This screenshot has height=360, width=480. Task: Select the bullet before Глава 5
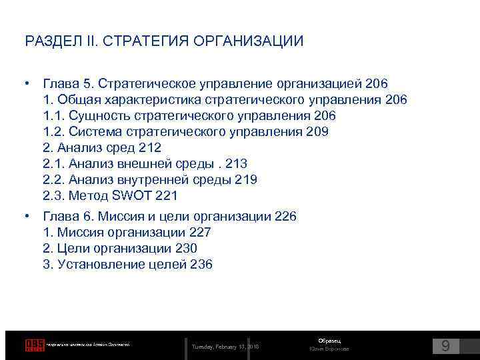coord(27,83)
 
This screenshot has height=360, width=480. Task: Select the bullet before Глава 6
coord(27,216)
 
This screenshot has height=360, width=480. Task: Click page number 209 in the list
coord(317,132)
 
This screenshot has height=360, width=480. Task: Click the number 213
coord(237,164)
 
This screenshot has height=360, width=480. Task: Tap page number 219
coord(245,180)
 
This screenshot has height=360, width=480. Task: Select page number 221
coord(167,196)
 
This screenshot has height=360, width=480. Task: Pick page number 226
coord(285,217)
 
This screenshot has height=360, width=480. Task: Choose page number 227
coord(199,233)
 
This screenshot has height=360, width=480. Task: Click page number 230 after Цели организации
coord(185,249)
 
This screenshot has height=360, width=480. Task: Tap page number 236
coord(201,265)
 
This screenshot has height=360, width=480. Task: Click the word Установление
coord(99,265)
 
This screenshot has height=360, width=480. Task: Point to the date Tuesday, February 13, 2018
coord(225,347)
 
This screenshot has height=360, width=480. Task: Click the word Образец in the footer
coord(329,341)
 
